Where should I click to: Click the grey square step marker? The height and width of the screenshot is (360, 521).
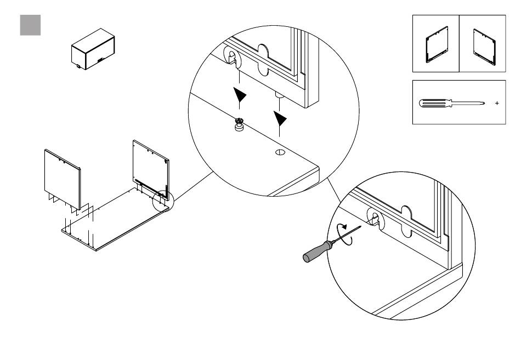pos(30,25)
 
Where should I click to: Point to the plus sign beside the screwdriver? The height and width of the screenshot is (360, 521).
pos(497,103)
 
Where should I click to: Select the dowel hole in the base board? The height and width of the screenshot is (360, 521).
pos(279,152)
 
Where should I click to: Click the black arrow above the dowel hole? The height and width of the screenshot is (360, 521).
pos(280,118)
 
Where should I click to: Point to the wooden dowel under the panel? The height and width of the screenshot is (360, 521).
pos(279,96)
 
